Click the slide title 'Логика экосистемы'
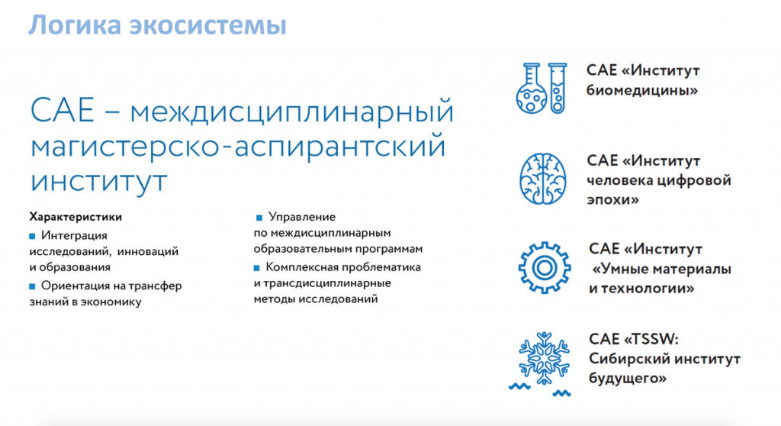pos(157,24)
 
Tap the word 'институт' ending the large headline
pos(98,182)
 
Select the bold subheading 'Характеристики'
pos(76,217)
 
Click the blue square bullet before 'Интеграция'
pos(32,234)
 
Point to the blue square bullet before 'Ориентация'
pos(32,286)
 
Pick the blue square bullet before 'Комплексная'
pos(259,268)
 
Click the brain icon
pos(544,179)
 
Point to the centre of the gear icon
pos(544,268)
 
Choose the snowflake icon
pos(544,356)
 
